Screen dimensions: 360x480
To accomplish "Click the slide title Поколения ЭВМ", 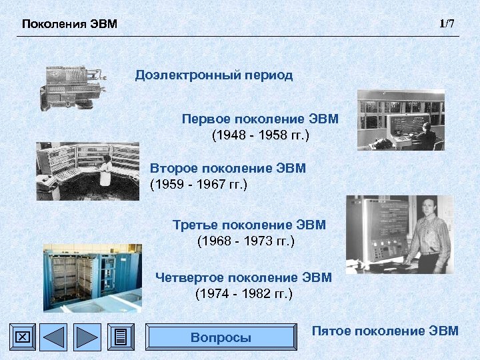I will (69, 25).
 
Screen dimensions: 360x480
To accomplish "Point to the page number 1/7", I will (447, 24).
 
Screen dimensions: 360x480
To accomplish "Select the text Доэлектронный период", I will (214, 75).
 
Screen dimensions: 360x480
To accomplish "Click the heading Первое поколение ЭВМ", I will (260, 119).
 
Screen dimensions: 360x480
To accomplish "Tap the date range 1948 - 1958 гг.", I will (260, 135).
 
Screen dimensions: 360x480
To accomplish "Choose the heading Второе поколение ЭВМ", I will (228, 168).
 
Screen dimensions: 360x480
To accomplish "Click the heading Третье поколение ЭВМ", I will (249, 225).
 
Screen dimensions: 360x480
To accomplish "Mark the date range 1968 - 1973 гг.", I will (246, 241).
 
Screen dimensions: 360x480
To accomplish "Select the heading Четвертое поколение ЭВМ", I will (243, 277).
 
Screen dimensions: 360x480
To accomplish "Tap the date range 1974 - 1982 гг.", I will (243, 293).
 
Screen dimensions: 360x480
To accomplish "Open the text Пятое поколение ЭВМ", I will (385, 331).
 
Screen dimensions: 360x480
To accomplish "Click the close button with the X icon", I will (22, 337).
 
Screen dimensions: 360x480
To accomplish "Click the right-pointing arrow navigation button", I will (87, 337).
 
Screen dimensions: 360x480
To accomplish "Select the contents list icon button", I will (121, 337).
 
